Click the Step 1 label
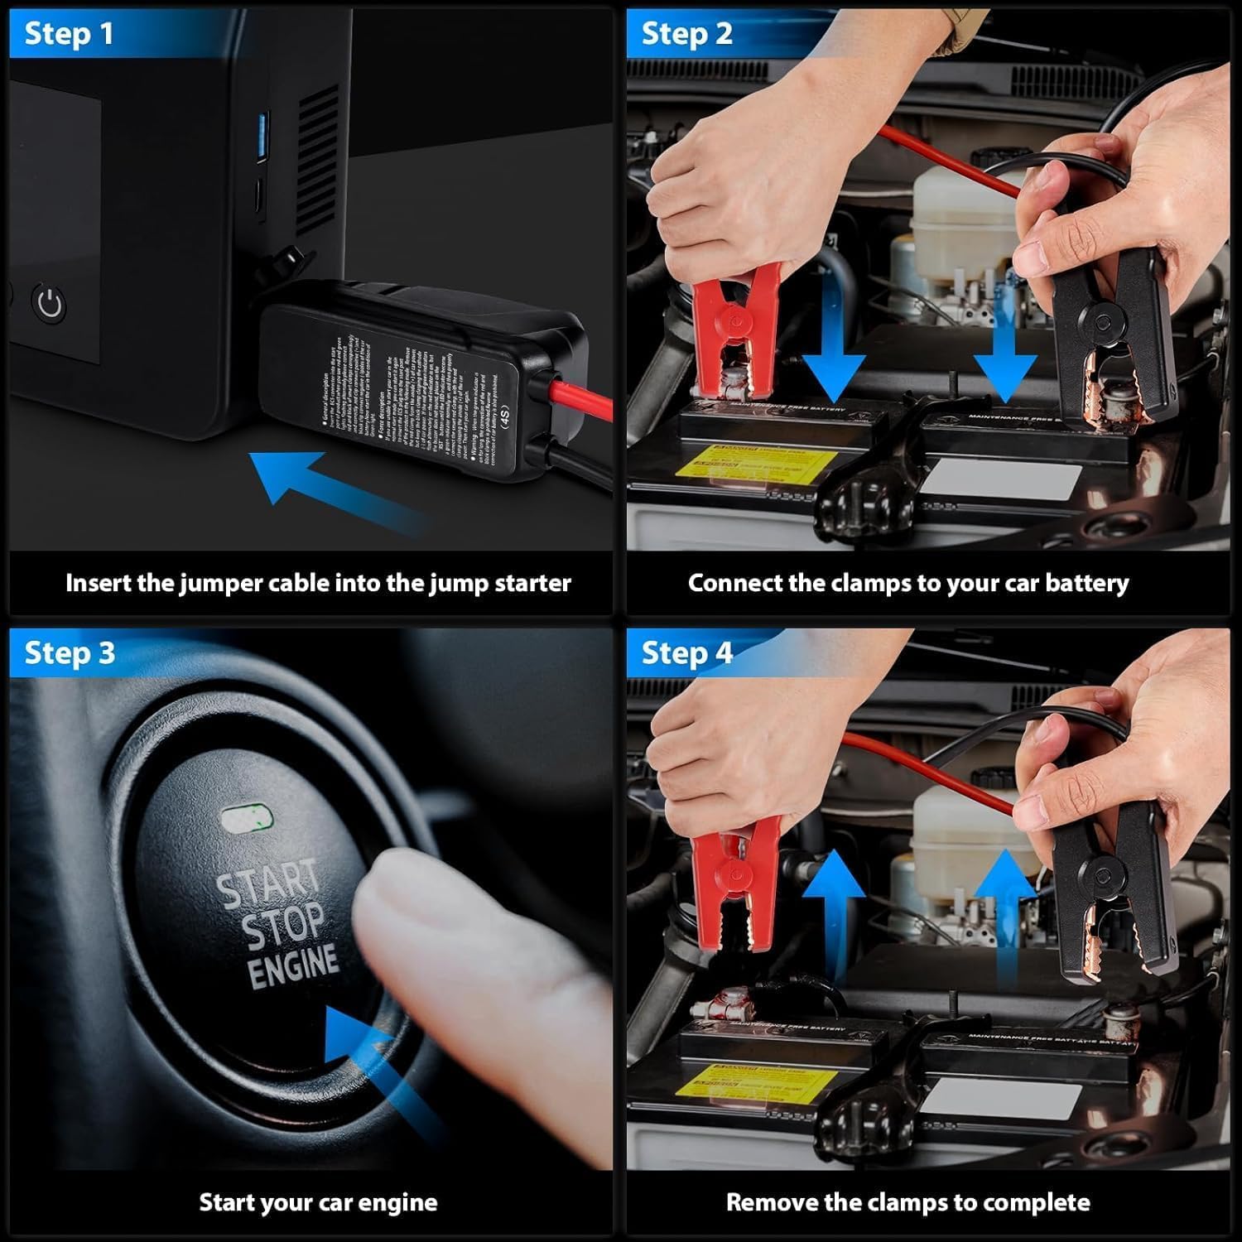[x=69, y=35]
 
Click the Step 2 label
[x=686, y=35]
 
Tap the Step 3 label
[x=70, y=653]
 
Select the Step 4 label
[x=686, y=653]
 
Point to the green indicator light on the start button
[x=247, y=819]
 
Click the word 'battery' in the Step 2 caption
[x=1086, y=583]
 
